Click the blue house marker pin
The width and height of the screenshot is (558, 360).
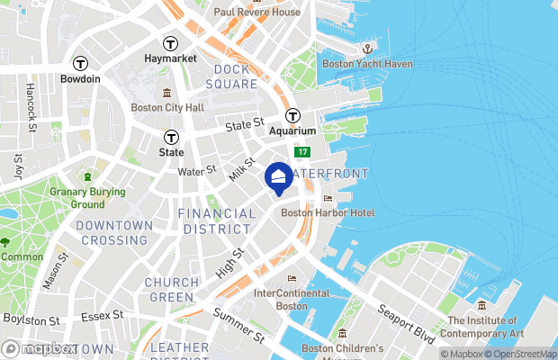tap(279, 178)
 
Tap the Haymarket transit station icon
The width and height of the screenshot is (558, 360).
tap(169, 43)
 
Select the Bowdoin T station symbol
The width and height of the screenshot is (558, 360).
tap(81, 63)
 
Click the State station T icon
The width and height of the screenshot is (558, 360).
tap(171, 138)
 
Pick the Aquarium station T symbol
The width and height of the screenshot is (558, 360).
tap(292, 115)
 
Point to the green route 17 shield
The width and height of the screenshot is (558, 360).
tap(304, 154)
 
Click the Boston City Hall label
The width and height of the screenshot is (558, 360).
tap(167, 107)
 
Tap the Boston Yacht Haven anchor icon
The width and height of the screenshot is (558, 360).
tap(367, 48)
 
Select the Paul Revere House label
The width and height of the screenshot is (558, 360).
tap(256, 12)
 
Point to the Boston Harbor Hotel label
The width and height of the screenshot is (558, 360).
tap(328, 212)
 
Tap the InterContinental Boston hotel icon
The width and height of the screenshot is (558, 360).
tap(291, 278)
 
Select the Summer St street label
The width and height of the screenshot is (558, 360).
tap(238, 325)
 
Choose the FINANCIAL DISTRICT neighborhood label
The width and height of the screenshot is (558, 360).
tap(217, 221)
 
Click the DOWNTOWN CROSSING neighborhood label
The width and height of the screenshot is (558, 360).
tap(112, 232)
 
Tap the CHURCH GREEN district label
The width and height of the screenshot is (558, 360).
tap(171, 290)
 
